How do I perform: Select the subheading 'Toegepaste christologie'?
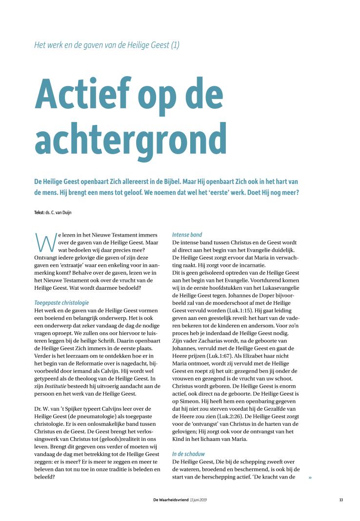click(x=61, y=302)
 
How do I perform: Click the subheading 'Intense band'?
click(x=187, y=235)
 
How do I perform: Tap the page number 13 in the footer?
click(x=341, y=499)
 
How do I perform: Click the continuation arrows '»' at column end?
click(x=309, y=477)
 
